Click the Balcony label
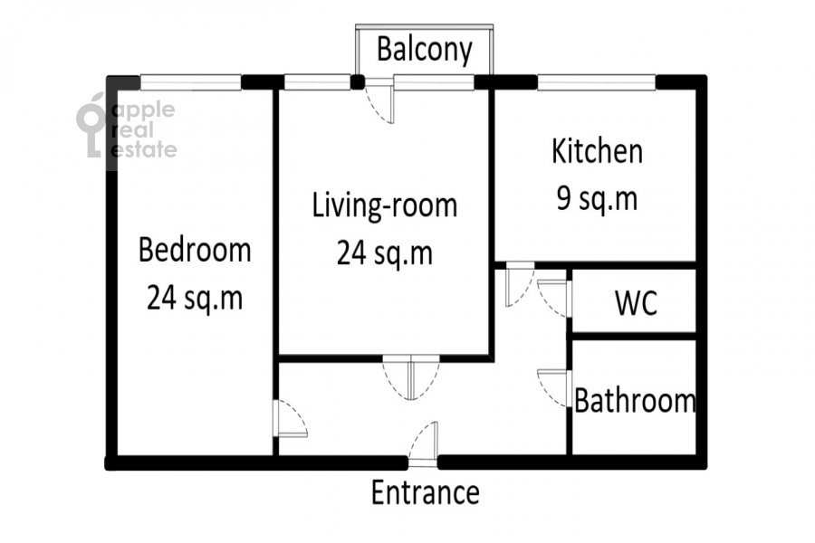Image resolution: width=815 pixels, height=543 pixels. click(x=425, y=51)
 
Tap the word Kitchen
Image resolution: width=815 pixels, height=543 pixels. click(x=598, y=151)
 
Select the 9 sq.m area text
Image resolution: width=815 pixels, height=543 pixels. click(x=598, y=199)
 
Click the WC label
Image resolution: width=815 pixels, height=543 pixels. click(x=637, y=302)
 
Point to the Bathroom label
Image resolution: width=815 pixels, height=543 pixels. click(x=635, y=401)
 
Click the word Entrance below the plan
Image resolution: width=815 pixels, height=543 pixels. click(x=426, y=492)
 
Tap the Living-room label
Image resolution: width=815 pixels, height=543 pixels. click(x=385, y=205)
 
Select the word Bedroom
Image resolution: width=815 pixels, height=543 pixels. click(x=195, y=250)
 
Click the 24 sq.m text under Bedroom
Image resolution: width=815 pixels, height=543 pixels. click(x=195, y=299)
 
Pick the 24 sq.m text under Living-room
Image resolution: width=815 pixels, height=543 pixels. click(x=385, y=253)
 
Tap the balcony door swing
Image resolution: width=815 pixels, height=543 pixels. click(x=379, y=100)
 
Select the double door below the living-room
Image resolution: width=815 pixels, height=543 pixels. click(x=410, y=377)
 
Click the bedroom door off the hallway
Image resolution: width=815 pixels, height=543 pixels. click(x=290, y=419)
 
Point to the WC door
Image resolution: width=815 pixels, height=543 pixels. click(x=554, y=299)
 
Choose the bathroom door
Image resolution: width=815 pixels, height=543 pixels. click(x=554, y=388)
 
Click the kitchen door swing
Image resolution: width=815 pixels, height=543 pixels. click(x=520, y=284)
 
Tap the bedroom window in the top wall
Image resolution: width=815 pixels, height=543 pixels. click(x=191, y=82)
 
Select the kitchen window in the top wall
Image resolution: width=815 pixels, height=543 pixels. click(x=597, y=82)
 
